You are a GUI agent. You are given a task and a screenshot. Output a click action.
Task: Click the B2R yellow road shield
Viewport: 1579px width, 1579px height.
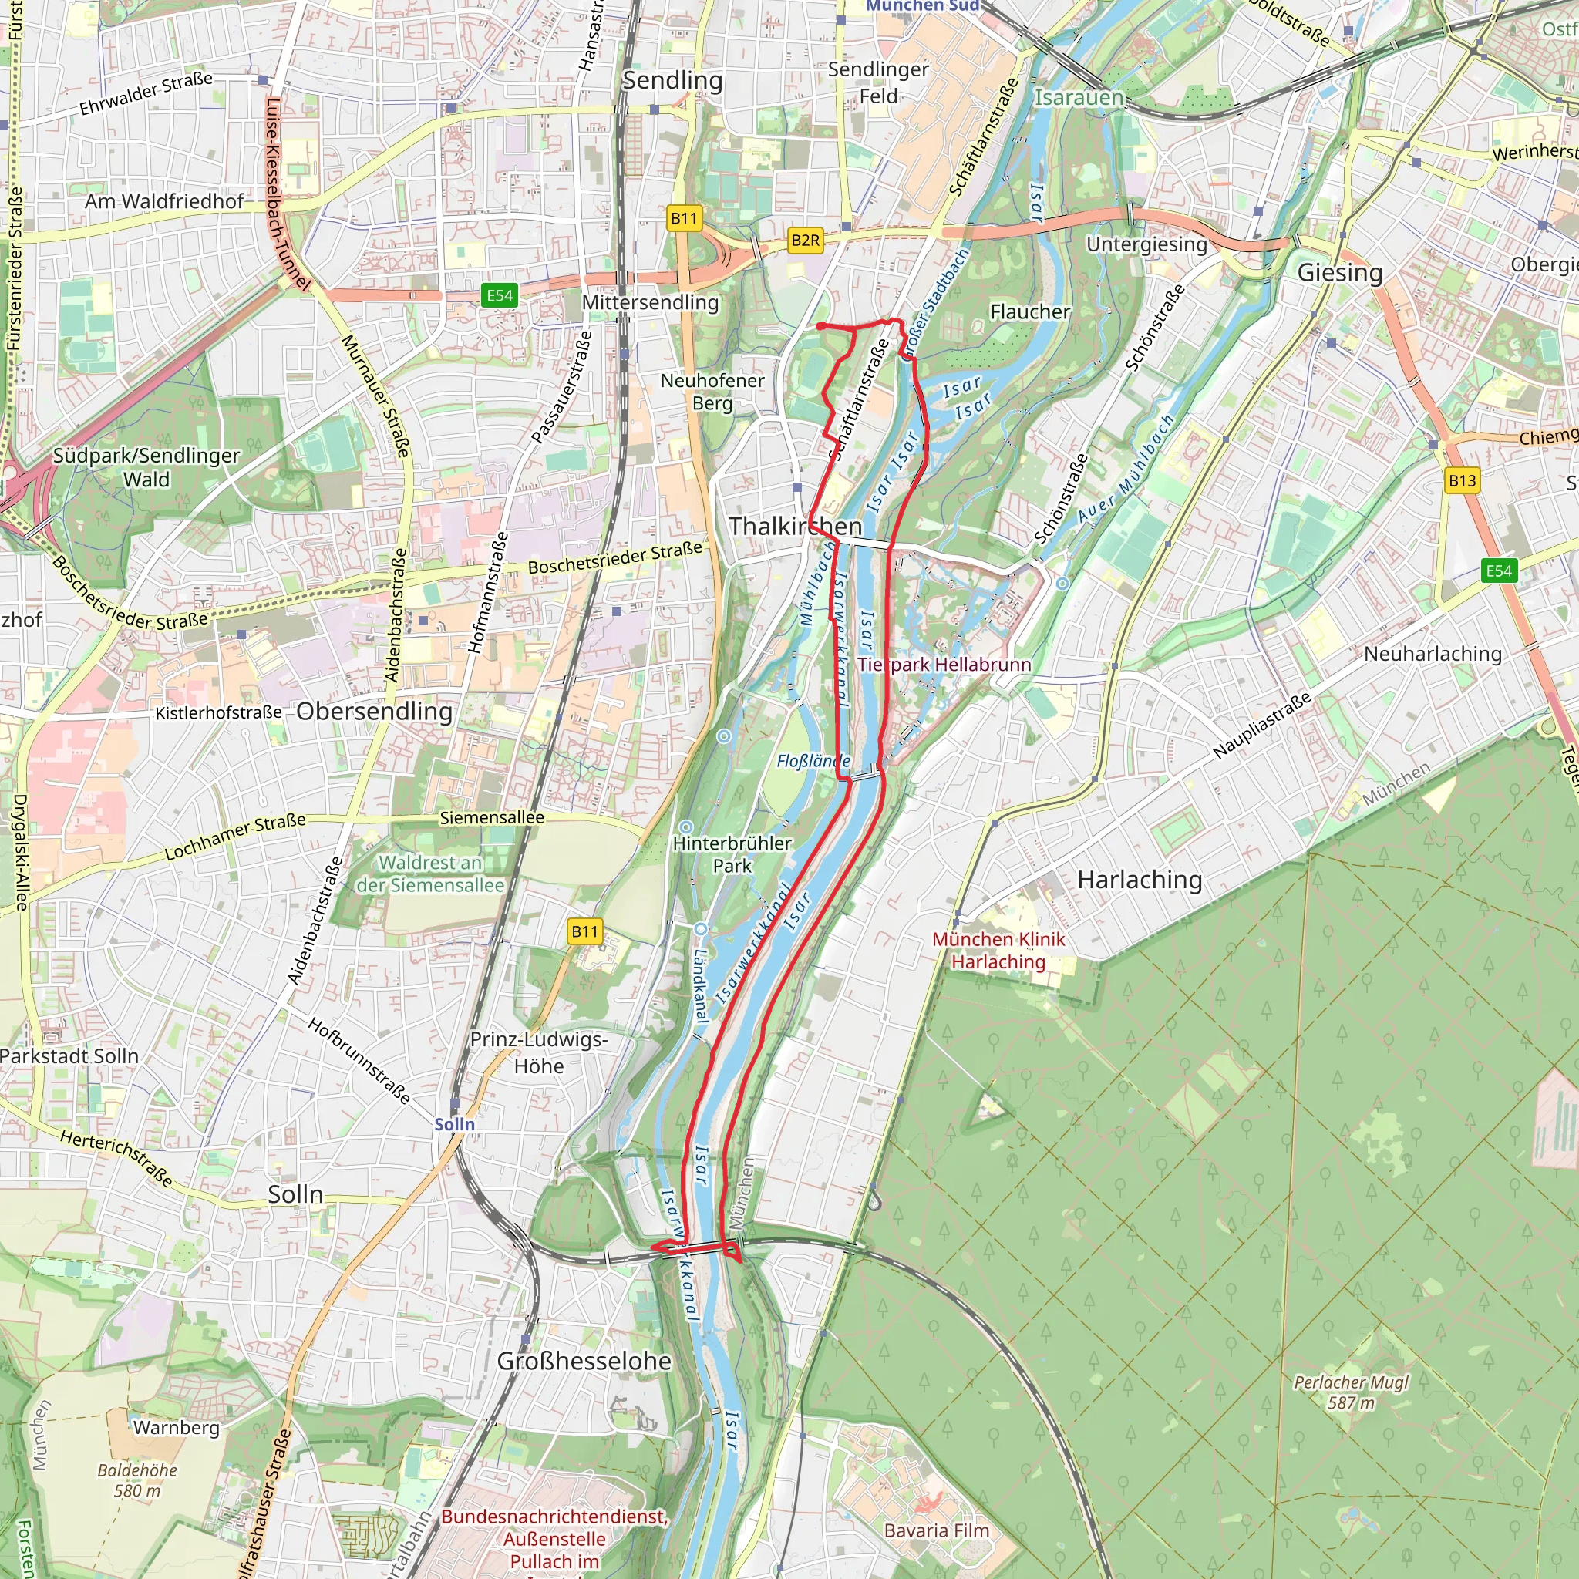point(805,241)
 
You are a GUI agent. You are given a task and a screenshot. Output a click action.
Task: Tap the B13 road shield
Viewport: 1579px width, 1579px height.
point(1462,480)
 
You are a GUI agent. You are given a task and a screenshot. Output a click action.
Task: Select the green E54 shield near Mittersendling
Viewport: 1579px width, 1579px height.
point(500,296)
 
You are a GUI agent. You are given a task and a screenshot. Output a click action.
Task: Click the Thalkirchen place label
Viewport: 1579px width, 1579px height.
point(795,527)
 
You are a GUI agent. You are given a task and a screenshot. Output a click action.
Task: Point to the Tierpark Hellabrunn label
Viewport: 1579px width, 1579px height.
point(944,665)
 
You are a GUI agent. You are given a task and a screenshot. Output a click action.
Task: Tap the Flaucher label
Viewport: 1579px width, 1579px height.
point(1030,311)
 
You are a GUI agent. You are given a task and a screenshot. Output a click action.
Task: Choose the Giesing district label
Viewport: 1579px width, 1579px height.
point(1339,272)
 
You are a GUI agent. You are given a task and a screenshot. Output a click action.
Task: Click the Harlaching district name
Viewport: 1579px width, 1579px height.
point(1140,880)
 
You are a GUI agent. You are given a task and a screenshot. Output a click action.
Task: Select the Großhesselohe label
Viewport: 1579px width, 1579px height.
point(584,1361)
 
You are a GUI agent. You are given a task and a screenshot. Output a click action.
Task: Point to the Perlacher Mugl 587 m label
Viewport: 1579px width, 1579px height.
point(1351,1392)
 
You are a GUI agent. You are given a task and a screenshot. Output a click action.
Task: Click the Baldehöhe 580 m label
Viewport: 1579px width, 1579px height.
point(137,1480)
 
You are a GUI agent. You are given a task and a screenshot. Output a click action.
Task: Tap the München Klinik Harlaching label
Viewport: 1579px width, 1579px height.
point(998,951)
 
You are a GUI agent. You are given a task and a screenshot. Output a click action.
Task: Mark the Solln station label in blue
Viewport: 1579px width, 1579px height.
point(454,1124)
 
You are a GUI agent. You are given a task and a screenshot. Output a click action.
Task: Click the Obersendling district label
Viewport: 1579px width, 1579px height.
point(374,711)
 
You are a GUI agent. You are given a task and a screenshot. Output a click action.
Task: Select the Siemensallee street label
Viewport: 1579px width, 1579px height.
point(492,817)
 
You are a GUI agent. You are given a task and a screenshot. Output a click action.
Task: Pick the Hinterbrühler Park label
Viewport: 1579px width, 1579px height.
point(732,854)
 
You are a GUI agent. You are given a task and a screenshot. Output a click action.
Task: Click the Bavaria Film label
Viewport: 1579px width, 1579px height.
point(937,1530)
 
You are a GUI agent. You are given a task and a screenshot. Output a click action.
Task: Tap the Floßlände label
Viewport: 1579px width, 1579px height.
point(813,761)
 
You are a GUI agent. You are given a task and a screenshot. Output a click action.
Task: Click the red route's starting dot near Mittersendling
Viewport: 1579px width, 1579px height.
point(820,326)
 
